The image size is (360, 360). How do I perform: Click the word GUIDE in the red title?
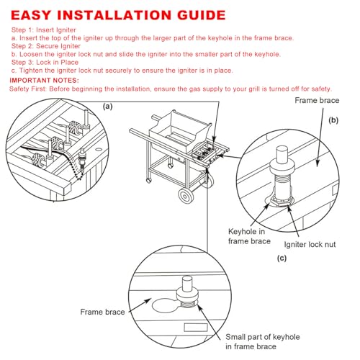[x=202, y=15]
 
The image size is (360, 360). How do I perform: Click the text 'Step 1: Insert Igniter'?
[x=44, y=30]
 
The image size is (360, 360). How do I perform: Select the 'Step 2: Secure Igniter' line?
[x=46, y=46]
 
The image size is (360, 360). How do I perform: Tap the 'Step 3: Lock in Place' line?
[x=45, y=63]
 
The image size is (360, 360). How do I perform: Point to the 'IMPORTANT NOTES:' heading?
[x=44, y=80]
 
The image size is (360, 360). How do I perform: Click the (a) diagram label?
[x=107, y=107]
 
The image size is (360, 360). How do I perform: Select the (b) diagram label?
[x=333, y=120]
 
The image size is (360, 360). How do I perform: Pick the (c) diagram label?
[x=282, y=258]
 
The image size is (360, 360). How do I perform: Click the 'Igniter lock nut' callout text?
[x=310, y=245]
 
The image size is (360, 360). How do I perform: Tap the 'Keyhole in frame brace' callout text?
[x=249, y=236]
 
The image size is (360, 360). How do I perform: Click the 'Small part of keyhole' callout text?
[x=263, y=337]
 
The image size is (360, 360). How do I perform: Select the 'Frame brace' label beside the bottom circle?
[x=102, y=312]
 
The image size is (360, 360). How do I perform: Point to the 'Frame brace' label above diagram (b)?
[x=317, y=100]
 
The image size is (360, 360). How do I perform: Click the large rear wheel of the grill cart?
[x=185, y=196]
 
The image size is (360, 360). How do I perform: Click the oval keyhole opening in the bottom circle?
[x=166, y=305]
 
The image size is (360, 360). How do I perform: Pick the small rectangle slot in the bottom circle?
[x=196, y=328]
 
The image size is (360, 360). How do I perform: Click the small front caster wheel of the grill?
[x=148, y=180]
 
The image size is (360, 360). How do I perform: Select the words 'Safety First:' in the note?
[x=28, y=89]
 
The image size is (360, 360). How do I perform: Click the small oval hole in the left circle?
[x=99, y=150]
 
